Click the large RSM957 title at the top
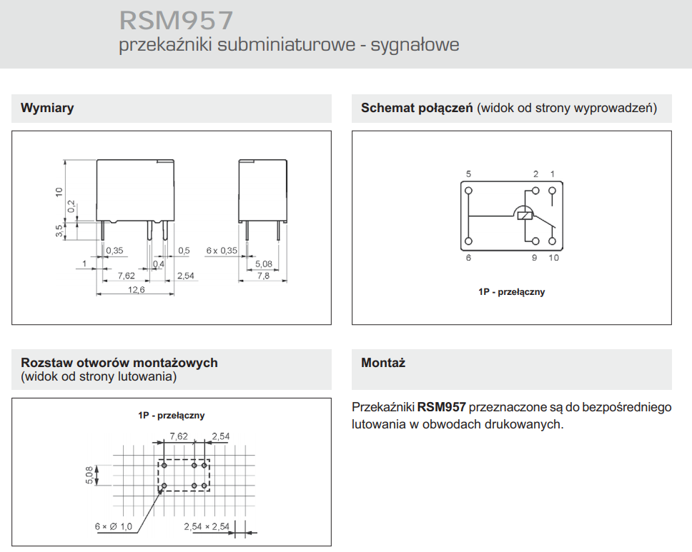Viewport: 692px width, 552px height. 176,19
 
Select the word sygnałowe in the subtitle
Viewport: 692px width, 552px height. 415,45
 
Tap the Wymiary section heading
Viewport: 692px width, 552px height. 47,109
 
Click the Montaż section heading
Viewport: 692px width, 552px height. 383,363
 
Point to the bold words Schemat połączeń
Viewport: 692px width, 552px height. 417,109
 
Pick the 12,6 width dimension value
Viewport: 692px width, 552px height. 136,289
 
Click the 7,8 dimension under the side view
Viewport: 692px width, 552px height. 263,276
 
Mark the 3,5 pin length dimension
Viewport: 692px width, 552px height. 59,230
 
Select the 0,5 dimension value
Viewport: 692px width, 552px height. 184,251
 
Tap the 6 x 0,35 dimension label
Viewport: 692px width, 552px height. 222,251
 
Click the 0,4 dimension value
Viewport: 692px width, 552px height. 158,264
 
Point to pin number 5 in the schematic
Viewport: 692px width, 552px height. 468,174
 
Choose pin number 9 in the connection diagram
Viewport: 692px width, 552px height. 534,258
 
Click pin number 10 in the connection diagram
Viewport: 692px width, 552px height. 554,258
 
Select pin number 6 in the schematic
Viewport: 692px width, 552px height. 468,258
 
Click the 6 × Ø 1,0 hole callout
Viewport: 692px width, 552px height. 114,526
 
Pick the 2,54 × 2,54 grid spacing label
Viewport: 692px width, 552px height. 206,526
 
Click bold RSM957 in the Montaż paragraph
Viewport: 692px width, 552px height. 442,407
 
